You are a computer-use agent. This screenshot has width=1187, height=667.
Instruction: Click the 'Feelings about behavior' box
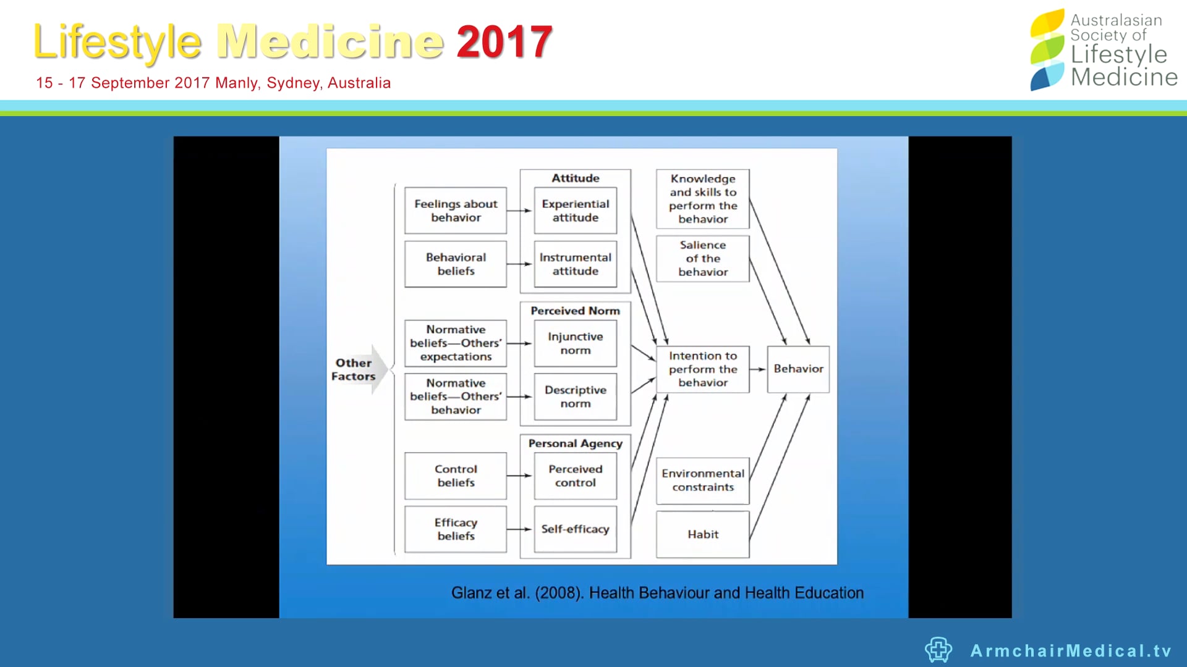point(456,211)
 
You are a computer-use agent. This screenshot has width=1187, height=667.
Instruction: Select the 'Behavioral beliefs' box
point(456,264)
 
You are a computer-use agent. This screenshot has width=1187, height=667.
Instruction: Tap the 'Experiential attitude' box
point(575,211)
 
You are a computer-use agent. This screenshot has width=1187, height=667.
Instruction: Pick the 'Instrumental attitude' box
point(575,264)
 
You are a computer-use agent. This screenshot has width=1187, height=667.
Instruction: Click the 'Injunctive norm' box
point(575,343)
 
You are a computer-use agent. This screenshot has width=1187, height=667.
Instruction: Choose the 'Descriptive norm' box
point(575,396)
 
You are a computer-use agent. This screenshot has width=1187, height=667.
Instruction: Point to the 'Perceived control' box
point(575,476)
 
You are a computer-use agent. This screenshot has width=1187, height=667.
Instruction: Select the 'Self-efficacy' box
point(575,529)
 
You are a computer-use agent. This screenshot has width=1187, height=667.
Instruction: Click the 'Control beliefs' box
point(456,476)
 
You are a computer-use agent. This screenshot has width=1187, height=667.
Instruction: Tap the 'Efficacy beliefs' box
point(456,529)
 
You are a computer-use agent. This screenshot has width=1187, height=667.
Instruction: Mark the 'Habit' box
point(703,534)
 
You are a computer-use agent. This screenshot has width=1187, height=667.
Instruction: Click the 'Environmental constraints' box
point(703,480)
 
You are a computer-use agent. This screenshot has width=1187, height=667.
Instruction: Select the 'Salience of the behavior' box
point(703,259)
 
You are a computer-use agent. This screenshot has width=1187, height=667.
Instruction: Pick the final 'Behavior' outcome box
point(798,369)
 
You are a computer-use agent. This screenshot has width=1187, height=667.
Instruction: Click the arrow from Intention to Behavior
point(758,369)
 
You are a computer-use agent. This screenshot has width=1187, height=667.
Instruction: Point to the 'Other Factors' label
point(354,369)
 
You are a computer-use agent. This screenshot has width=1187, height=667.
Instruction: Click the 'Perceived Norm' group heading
point(575,311)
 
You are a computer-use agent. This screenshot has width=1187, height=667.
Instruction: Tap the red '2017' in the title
point(504,42)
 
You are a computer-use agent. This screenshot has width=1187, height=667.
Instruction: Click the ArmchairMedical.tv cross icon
point(938,650)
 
